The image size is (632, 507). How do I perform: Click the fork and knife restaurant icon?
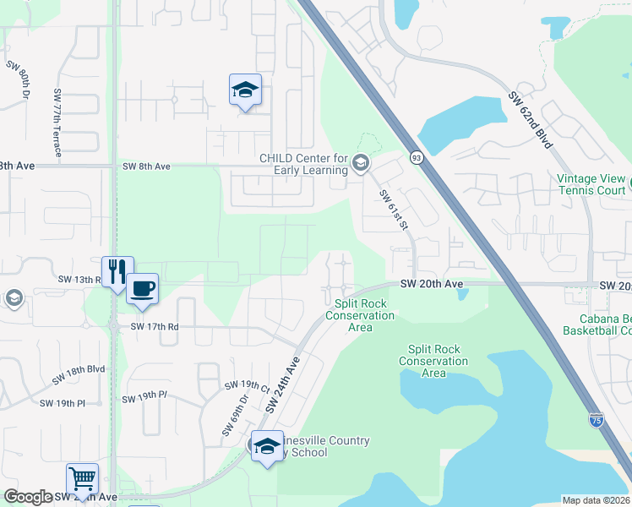click(x=116, y=271)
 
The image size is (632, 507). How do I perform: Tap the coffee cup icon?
click(x=142, y=288)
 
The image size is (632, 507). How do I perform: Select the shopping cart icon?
click(x=82, y=478)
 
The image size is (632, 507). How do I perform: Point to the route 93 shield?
click(x=417, y=157)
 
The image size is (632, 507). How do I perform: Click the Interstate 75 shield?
click(x=597, y=420)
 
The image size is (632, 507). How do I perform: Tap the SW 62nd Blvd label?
click(x=531, y=120)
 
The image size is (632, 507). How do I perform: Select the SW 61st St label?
click(x=394, y=210)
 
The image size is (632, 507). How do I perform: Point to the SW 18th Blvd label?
click(x=84, y=369)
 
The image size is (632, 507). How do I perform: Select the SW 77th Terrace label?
click(x=57, y=123)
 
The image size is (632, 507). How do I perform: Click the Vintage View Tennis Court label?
click(x=591, y=184)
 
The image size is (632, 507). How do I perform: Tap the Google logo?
click(x=28, y=497)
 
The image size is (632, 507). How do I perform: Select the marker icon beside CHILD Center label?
click(x=361, y=163)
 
